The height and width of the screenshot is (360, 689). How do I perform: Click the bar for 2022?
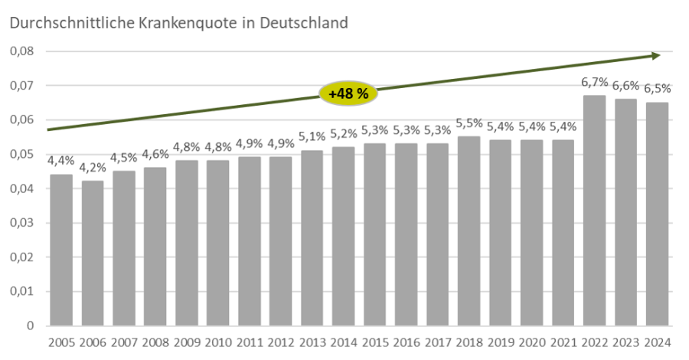pyautogui.click(x=594, y=211)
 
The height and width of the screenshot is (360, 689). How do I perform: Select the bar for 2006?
pyautogui.click(x=92, y=253)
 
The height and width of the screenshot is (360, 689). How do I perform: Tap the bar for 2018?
pyautogui.click(x=469, y=231)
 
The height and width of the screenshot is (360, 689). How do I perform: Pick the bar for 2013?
pyautogui.click(x=312, y=237)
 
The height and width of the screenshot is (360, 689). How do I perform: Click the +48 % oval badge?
pyautogui.click(x=344, y=93)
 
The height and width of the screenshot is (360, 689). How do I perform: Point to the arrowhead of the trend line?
pyautogui.click(x=656, y=55)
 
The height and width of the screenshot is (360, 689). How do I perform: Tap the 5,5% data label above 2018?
pyautogui.click(x=469, y=124)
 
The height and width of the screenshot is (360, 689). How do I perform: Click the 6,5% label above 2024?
pyautogui.click(x=657, y=90)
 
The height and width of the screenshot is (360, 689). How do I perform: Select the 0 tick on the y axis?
pyautogui.click(x=31, y=326)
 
